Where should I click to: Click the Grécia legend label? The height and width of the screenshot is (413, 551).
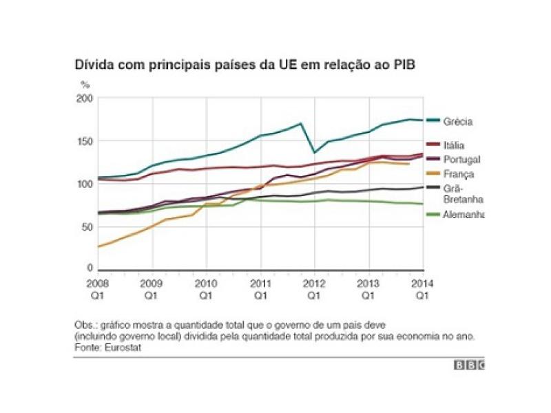(459, 122)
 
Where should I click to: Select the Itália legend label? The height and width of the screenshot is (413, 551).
(454, 145)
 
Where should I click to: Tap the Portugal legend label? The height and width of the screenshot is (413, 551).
(459, 160)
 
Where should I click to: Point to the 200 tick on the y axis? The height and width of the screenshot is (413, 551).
(84, 99)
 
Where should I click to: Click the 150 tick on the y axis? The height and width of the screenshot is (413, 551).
(84, 142)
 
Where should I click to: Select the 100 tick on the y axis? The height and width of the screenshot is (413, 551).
(84, 184)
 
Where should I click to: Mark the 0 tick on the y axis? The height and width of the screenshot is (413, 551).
(89, 268)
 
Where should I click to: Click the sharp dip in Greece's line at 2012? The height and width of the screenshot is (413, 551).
(314, 152)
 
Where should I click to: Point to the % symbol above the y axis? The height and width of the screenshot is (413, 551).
(85, 85)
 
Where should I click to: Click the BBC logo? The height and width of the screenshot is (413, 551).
(469, 366)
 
